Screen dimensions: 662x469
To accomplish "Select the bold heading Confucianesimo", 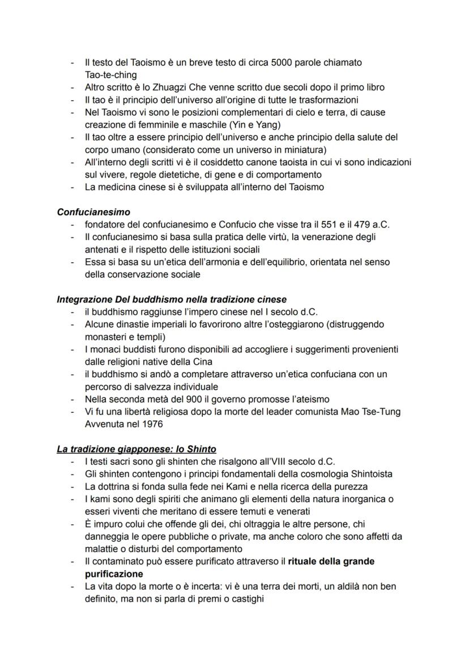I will pos(93,212).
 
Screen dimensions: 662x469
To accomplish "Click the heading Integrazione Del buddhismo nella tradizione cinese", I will pos(172,299).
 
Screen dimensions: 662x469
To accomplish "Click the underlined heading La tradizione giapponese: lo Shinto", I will pos(137,449).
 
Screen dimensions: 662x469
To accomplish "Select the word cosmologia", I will pos(315,473).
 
